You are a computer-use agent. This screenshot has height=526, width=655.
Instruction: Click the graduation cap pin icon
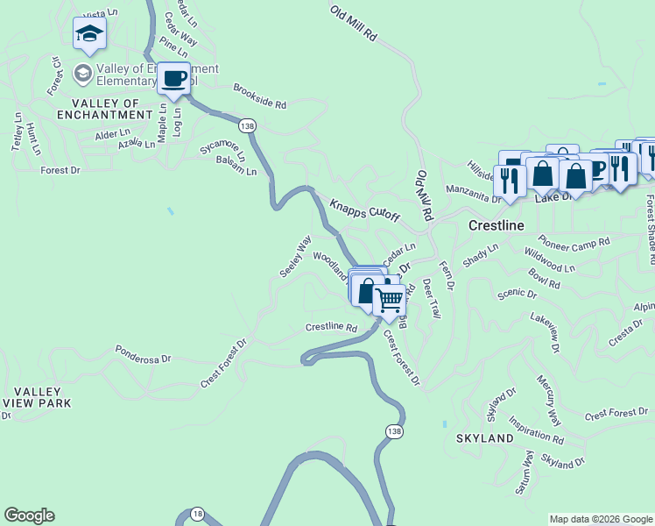point(89,34)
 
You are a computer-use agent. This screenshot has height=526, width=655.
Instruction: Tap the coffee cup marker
point(174,79)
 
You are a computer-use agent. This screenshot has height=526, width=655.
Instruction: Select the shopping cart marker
point(389,300)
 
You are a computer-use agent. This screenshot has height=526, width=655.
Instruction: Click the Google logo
point(29,515)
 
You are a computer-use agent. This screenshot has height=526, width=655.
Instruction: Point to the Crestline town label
point(496,225)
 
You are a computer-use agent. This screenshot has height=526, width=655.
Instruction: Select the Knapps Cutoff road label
point(364,210)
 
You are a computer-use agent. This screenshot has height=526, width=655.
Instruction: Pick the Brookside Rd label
point(259,96)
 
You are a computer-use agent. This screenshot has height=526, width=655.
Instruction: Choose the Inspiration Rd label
point(536,430)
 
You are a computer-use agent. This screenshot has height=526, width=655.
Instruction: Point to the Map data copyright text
point(600,519)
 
